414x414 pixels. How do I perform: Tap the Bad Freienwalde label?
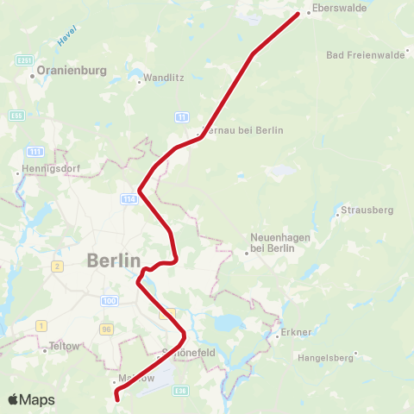(x=366, y=55)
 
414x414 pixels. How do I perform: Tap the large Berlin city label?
(x=113, y=260)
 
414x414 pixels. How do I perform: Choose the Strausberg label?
(x=367, y=210)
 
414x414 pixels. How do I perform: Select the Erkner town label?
(x=296, y=332)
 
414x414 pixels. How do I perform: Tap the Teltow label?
(x=64, y=346)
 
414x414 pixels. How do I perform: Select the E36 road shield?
(x=180, y=392)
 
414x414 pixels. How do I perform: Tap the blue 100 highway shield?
(x=109, y=300)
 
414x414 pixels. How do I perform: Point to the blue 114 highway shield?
(x=129, y=198)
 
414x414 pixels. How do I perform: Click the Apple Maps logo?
(x=31, y=399)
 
